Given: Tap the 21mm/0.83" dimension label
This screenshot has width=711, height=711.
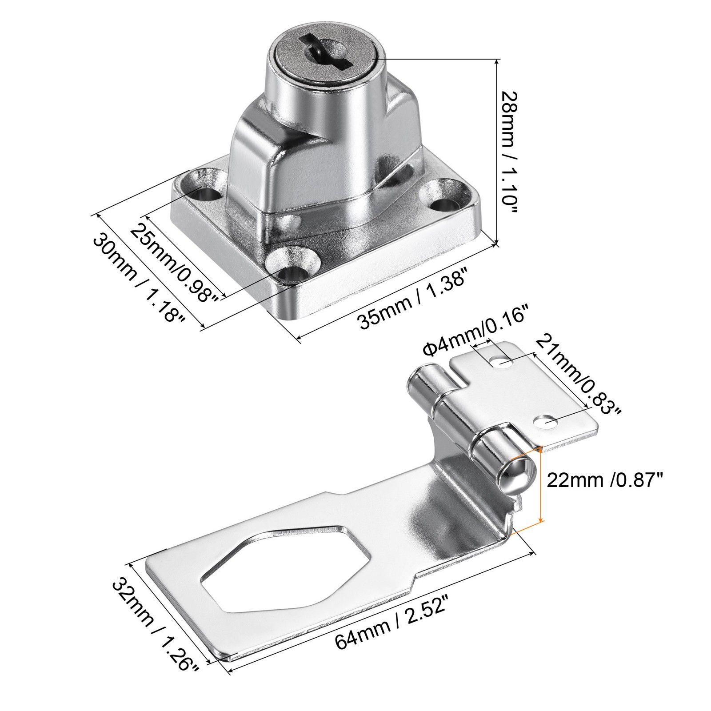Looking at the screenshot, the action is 577,373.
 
